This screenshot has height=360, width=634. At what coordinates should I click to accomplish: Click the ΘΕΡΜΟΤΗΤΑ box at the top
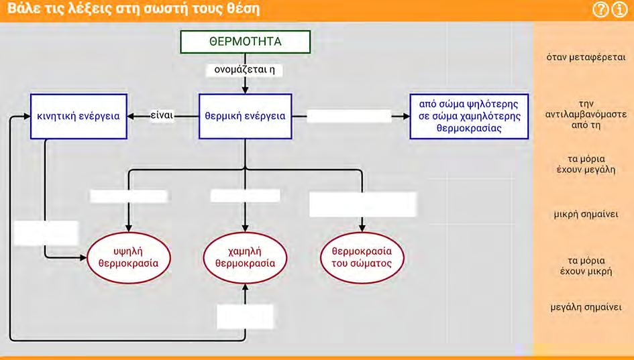(245, 42)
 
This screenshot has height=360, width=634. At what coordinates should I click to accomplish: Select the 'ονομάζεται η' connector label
(244, 70)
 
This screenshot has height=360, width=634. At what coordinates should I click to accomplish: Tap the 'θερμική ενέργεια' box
(245, 117)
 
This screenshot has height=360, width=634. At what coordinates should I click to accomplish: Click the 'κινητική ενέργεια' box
(78, 117)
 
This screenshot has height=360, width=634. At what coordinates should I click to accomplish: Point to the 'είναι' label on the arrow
(162, 115)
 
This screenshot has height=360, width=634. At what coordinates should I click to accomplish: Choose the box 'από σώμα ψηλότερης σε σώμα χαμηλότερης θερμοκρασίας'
(469, 117)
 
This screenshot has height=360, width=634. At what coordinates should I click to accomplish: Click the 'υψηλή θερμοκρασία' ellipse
(129, 257)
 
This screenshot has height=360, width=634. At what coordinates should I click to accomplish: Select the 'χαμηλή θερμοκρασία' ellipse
(245, 257)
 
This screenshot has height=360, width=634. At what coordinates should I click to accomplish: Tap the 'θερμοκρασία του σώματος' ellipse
(362, 257)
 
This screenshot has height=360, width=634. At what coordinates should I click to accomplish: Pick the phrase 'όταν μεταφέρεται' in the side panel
(586, 58)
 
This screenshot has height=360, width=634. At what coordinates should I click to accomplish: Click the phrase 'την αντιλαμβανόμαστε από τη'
(586, 115)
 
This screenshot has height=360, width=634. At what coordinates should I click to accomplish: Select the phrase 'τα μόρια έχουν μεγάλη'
(586, 164)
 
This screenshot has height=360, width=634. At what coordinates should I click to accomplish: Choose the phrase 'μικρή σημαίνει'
(586, 214)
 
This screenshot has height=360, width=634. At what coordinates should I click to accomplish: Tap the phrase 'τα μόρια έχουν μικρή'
(586, 265)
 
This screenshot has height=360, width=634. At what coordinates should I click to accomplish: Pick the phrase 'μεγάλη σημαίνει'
(586, 307)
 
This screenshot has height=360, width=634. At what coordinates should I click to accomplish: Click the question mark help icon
(600, 9)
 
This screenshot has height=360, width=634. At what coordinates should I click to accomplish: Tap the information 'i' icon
(619, 9)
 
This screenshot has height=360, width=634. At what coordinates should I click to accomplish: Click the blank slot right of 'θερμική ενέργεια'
(349, 117)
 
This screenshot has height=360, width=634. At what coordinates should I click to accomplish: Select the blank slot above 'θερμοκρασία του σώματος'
(363, 204)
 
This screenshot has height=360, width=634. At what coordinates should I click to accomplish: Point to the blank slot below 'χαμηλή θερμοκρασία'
(245, 317)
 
